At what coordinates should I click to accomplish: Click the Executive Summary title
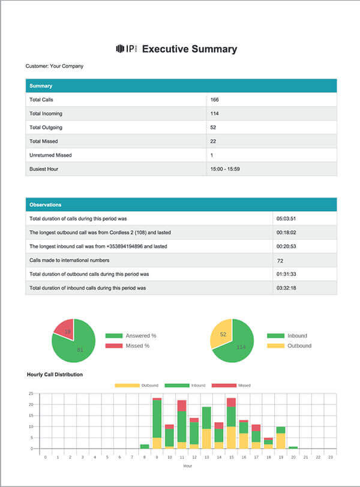189,49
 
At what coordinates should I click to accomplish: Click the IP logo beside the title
126,49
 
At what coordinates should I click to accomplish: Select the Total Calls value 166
214,100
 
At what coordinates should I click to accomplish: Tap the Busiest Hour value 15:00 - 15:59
225,169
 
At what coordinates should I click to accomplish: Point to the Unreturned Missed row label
50,155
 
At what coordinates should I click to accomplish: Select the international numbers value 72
280,260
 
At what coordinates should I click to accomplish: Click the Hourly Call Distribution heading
55,375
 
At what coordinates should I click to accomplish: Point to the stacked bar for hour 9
157,423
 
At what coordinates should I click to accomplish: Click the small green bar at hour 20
292,447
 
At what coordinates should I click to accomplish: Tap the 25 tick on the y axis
31,393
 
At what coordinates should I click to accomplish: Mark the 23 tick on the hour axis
329,457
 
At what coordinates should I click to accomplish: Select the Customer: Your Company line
55,66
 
